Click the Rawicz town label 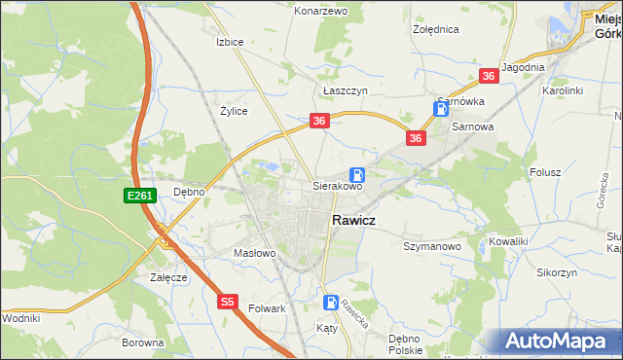tap(361, 221)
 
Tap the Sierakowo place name tap(337, 185)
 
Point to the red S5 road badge tap(227, 303)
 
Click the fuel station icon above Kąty tap(331, 303)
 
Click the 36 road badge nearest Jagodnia tap(489, 76)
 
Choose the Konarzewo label tap(320, 11)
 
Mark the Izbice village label tap(229, 42)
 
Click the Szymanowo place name tap(431, 247)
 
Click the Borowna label tap(142, 342)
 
